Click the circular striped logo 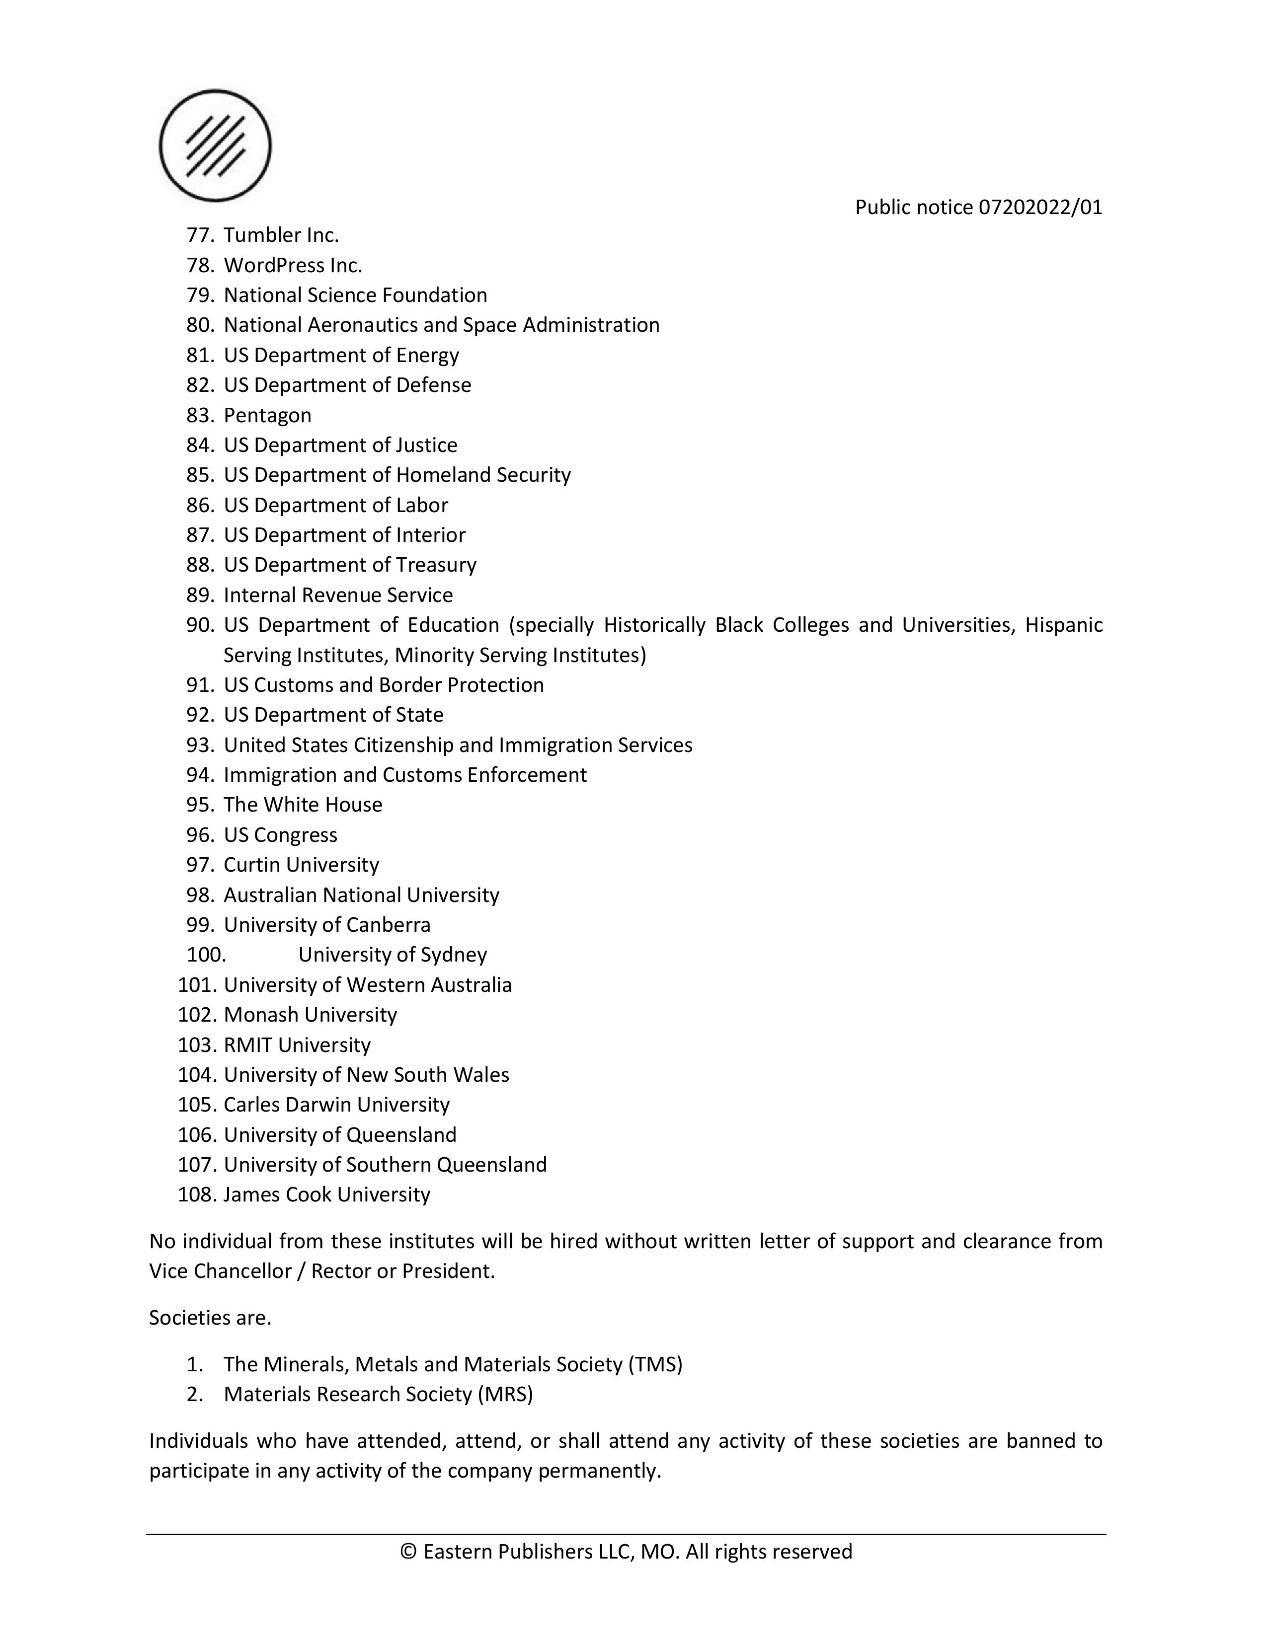point(216,146)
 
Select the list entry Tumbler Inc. point(281,235)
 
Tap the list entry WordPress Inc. point(293,266)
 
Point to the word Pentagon point(267,416)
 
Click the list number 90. point(200,625)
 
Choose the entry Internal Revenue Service point(338,595)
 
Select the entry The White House point(303,805)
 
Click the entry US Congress point(280,835)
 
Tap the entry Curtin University point(301,865)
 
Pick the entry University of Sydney point(393,955)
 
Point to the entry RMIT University point(297,1045)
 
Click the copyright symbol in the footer point(408,1552)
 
